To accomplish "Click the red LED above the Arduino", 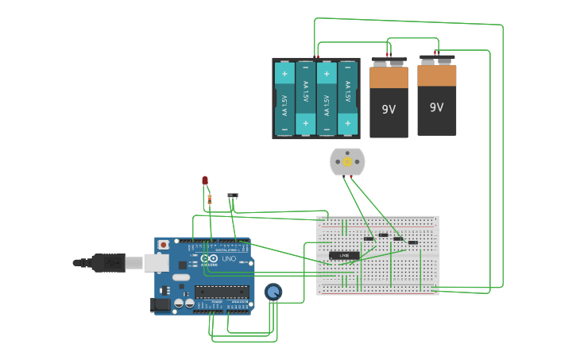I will click(205, 181).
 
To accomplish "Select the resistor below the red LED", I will click(210, 199).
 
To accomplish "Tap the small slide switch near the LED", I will click(233, 195).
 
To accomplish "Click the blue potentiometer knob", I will click(273, 292).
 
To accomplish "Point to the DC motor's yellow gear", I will click(347, 162).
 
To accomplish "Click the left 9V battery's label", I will click(389, 110).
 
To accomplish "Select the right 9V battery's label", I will click(436, 107).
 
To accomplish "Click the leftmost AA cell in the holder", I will click(284, 99).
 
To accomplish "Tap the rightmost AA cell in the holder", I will click(347, 99).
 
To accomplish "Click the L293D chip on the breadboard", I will click(344, 255).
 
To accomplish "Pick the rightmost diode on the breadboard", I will click(412, 242).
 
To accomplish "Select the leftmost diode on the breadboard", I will click(369, 238).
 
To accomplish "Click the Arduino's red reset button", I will click(164, 245).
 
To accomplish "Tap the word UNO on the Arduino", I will click(229, 259).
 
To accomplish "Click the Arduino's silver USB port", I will click(155, 262).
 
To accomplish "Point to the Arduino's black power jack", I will click(160, 304).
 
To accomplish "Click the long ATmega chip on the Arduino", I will click(222, 292).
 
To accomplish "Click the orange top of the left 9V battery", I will click(389, 78).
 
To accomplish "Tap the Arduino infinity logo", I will click(209, 258).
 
